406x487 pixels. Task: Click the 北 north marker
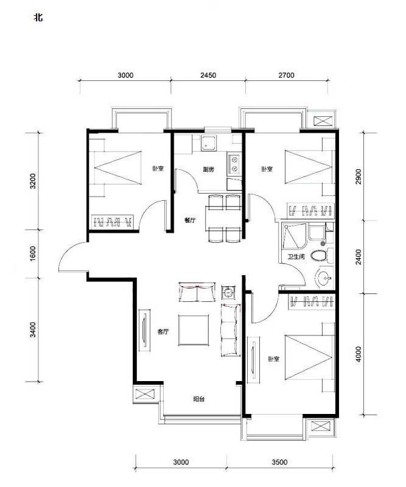coord(38,18)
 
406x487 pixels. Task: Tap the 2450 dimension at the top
coord(208,75)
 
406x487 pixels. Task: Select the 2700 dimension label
coord(286,75)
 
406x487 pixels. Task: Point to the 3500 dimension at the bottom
coord(279,462)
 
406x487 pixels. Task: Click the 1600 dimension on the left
coord(33,254)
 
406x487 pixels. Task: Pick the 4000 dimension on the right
coord(359,354)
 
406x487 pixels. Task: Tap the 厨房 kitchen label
coord(208,170)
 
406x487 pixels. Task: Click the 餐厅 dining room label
coord(190,220)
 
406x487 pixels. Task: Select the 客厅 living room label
coord(163,332)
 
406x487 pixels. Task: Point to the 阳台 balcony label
coord(199,399)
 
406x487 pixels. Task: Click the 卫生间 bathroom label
coord(296,257)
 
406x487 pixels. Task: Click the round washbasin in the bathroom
coord(324,278)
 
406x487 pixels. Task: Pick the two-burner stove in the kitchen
coord(234,164)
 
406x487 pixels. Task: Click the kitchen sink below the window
coord(209,143)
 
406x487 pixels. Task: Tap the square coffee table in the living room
coord(194,330)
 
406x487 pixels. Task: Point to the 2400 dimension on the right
coord(359,257)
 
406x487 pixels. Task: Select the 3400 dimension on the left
coord(33,330)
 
